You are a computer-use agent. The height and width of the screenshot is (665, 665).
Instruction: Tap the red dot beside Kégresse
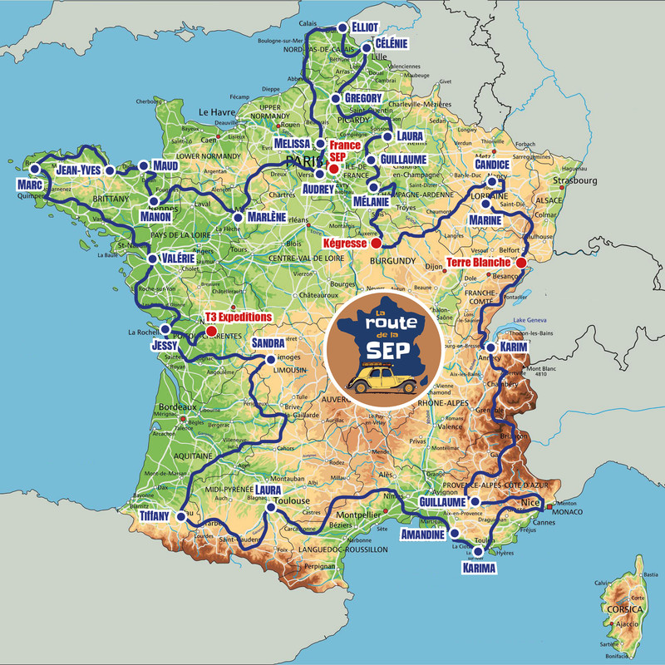[376, 244]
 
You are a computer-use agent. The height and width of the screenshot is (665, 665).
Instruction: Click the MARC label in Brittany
[29, 183]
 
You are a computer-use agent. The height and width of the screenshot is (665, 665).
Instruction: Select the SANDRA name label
[268, 342]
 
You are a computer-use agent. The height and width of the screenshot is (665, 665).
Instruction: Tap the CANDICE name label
[491, 165]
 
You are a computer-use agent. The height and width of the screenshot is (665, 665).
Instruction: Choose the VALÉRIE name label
[178, 259]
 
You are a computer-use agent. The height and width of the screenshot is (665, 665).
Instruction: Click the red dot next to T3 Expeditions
[211, 331]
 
